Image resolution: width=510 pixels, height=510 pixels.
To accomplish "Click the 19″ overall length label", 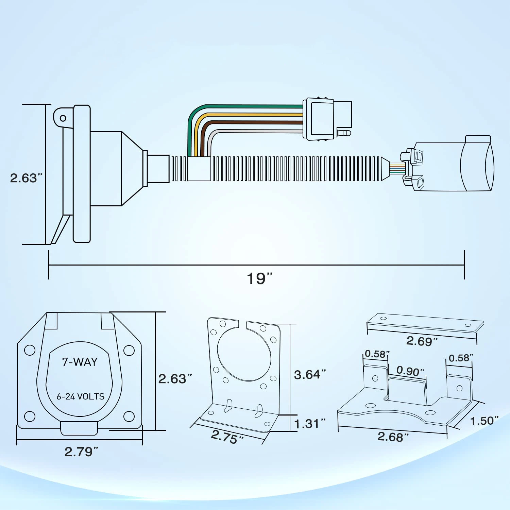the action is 260,278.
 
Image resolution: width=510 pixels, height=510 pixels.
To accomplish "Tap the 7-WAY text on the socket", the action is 80,362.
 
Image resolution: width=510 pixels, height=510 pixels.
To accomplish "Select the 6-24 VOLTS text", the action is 81,396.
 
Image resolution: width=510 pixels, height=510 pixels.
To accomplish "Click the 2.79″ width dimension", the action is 81,452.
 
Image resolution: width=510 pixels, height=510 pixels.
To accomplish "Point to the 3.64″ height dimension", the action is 310,374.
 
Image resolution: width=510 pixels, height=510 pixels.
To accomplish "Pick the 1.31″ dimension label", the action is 310,424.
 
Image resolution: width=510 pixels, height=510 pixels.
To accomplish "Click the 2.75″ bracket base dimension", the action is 227,437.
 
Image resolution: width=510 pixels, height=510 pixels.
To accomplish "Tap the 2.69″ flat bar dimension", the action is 422,341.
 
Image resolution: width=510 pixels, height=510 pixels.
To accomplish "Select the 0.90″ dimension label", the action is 411,371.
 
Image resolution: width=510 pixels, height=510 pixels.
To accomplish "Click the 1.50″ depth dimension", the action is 484,421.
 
